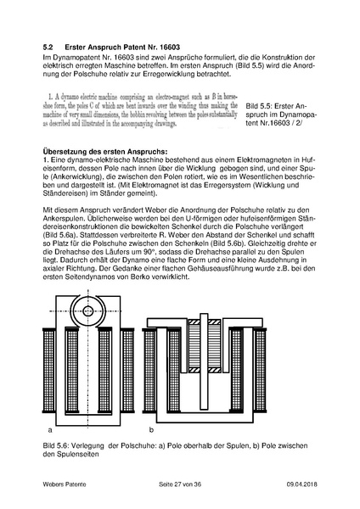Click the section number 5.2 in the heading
pyautogui.click(x=48, y=47)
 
